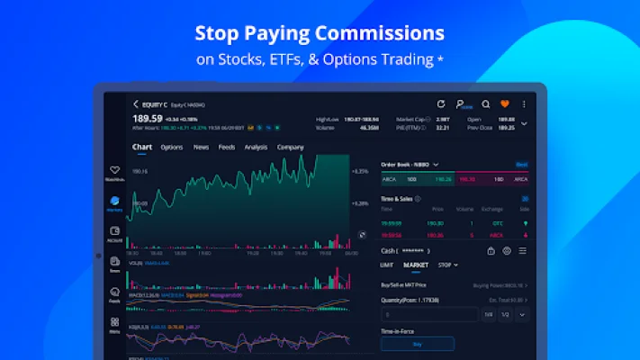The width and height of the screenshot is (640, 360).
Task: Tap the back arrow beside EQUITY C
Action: click(135, 104)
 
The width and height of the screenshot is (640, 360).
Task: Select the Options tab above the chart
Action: click(172, 147)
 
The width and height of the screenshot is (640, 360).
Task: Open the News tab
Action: click(201, 147)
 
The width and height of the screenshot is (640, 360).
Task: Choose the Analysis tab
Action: click(256, 147)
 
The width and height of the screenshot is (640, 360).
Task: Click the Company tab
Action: click(290, 147)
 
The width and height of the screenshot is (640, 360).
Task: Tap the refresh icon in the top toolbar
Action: click(441, 104)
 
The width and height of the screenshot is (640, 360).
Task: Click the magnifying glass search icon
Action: click(486, 104)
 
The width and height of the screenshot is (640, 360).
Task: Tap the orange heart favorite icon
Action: click(505, 104)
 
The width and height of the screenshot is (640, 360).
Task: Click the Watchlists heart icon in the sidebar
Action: click(114, 170)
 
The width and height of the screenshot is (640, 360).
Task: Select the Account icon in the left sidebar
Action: click(114, 232)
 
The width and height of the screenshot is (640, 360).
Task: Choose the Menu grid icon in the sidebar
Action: click(114, 322)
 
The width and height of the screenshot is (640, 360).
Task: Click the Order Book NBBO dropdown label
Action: click(410, 165)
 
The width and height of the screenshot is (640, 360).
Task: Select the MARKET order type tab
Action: click(416, 265)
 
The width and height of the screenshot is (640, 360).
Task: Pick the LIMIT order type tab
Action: click(387, 265)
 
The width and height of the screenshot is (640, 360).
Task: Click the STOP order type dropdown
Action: click(447, 265)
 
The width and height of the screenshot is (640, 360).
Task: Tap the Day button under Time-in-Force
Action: click(418, 343)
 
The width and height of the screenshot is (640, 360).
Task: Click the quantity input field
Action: click(428, 315)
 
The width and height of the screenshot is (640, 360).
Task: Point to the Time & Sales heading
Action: click(397, 198)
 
